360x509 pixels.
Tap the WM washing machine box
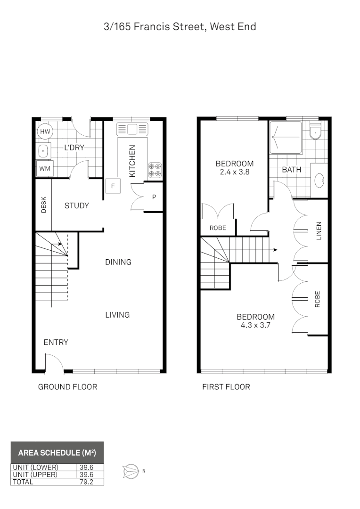45,168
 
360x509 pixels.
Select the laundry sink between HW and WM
43,151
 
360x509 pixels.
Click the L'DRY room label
74,148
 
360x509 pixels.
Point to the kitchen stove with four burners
155,170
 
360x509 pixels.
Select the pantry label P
154,197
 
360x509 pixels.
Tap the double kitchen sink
133,129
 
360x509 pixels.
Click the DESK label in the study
43,205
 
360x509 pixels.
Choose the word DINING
118,262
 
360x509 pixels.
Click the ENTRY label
56,342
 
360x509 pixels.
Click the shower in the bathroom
286,137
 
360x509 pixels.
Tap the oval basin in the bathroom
319,180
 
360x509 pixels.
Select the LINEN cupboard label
319,231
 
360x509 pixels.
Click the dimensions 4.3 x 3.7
255,325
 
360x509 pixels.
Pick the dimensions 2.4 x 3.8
234,172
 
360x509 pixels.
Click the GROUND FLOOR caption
67,387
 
